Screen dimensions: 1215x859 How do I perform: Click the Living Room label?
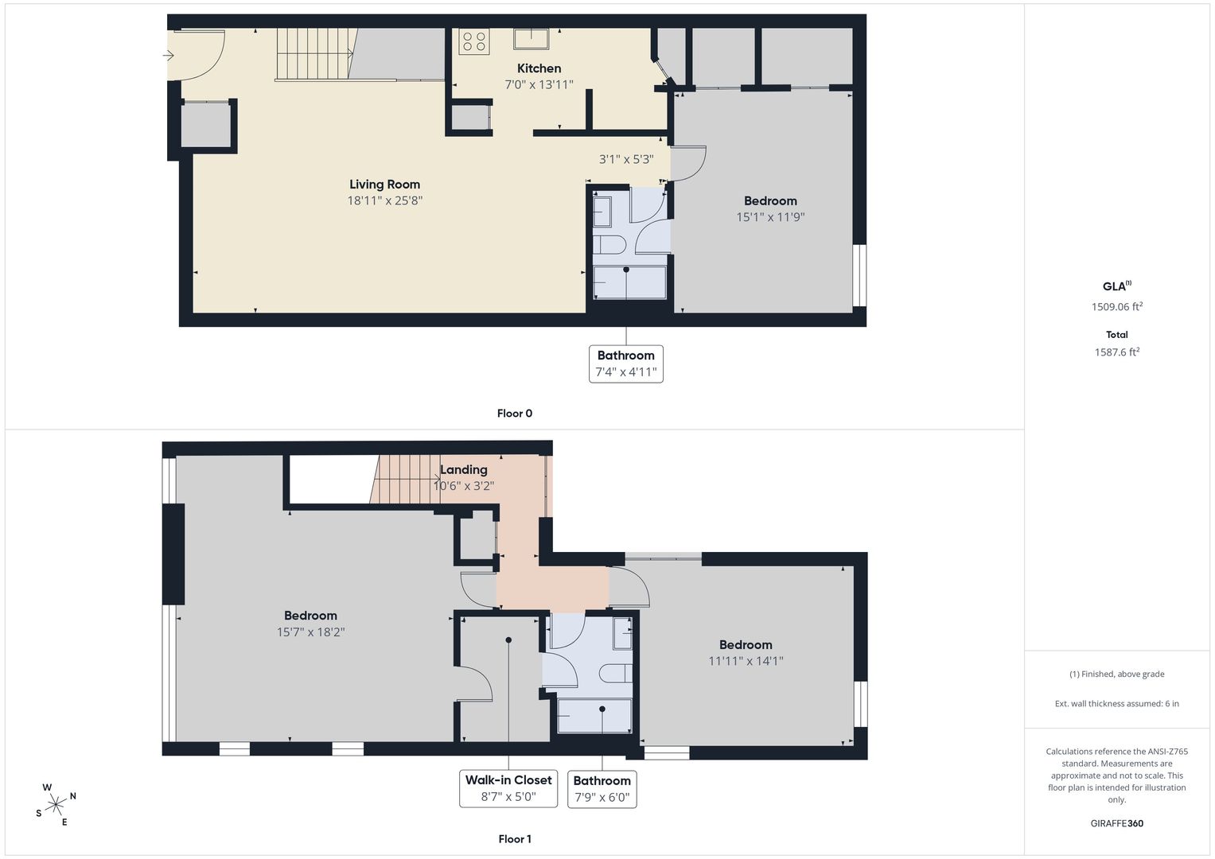384,185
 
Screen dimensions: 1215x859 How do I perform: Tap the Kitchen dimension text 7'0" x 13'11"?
539,84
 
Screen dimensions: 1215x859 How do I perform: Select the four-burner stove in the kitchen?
474,41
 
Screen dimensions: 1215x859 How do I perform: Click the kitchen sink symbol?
531,38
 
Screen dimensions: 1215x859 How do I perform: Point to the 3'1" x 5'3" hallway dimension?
626,159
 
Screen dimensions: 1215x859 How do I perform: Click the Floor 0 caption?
515,414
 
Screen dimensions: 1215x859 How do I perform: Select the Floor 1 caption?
515,839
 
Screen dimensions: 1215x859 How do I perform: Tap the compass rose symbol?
56,805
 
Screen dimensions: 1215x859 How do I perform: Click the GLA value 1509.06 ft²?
1117,306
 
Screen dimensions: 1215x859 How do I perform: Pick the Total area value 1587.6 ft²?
1117,352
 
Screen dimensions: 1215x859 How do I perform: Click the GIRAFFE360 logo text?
1117,823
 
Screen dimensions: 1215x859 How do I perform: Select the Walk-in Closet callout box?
508,788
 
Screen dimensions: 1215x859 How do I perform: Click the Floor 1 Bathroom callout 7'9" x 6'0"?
602,789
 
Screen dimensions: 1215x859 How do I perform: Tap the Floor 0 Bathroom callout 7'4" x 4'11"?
626,364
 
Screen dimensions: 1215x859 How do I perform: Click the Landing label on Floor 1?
463,469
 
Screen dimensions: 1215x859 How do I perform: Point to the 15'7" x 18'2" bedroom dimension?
311,632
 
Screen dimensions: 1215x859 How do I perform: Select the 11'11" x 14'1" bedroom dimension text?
746,661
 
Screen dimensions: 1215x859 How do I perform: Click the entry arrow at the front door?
168,56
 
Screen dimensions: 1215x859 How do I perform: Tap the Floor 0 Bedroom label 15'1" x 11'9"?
770,208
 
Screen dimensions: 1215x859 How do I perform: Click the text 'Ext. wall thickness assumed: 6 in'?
1117,703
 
